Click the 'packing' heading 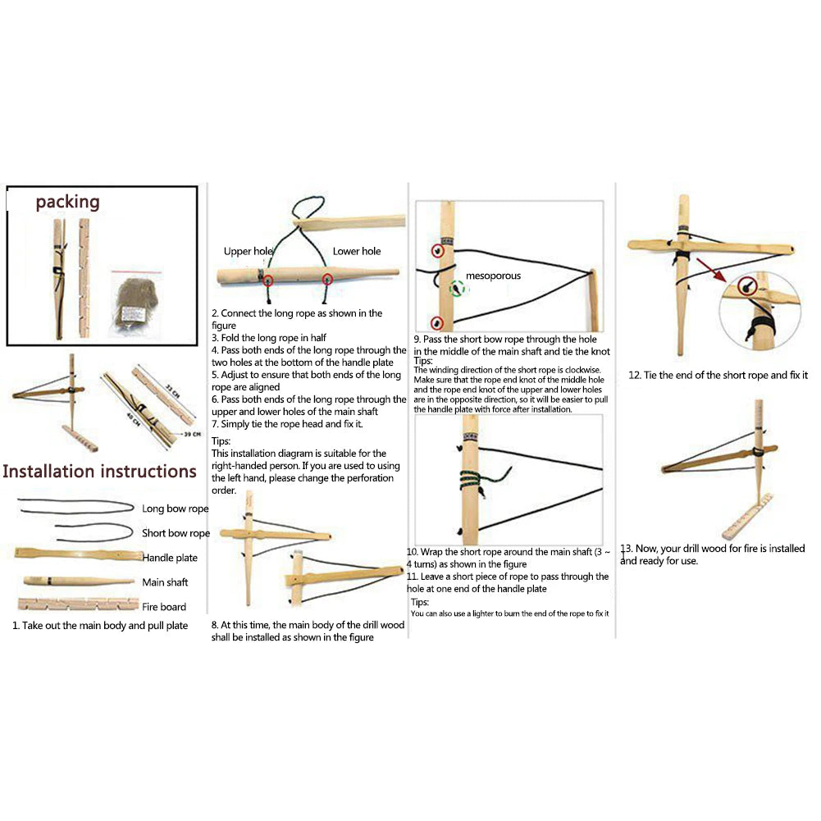click(x=67, y=202)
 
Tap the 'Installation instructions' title click(x=99, y=472)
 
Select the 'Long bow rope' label click(x=175, y=509)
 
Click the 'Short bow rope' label click(x=176, y=533)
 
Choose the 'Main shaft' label click(x=165, y=582)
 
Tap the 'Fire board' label click(x=164, y=607)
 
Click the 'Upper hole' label click(x=249, y=252)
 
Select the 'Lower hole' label click(x=356, y=252)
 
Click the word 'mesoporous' click(x=493, y=276)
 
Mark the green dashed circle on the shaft click(x=456, y=288)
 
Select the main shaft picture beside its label click(x=77, y=582)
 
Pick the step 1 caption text click(x=99, y=626)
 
